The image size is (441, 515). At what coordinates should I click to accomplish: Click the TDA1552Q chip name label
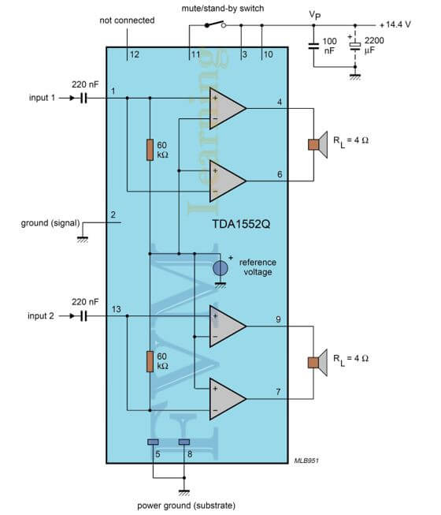241,224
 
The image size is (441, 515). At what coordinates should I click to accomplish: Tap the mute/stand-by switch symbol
215,24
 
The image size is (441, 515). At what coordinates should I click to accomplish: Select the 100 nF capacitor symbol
313,46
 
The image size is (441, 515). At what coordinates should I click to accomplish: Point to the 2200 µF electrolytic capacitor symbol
354,47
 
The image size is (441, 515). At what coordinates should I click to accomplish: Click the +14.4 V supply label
395,24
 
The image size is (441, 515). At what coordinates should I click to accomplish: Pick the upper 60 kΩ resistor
150,150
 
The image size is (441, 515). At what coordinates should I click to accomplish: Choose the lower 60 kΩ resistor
150,361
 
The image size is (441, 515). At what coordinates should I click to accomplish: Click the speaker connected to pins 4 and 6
317,144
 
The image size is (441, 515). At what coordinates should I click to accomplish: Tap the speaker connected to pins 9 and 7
317,363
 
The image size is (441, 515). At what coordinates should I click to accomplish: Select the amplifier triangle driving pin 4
227,108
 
